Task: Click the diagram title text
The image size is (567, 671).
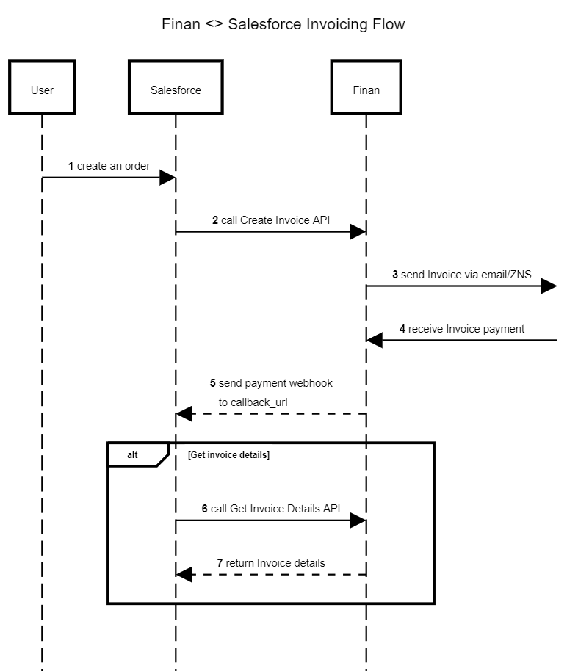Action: [x=283, y=24]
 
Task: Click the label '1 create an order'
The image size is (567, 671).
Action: [x=109, y=166]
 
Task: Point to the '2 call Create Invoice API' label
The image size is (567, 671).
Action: [x=271, y=220]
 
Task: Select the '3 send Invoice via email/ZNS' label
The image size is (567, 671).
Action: [x=461, y=274]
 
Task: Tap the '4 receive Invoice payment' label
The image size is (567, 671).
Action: [x=461, y=328]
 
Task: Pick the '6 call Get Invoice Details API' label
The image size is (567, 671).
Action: [x=271, y=508]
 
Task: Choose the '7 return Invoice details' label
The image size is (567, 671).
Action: [x=271, y=562]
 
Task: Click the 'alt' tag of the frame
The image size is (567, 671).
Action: [x=132, y=455]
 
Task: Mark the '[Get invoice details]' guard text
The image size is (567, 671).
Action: [x=228, y=455]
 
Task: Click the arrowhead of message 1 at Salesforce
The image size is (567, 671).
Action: [x=167, y=178]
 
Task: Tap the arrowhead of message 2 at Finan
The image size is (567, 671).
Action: [x=358, y=232]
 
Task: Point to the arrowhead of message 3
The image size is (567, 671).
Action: [x=549, y=286]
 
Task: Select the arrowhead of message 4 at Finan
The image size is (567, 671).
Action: [x=375, y=340]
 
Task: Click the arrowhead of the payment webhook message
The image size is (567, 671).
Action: [x=184, y=414]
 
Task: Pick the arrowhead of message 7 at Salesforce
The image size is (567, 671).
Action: [x=184, y=575]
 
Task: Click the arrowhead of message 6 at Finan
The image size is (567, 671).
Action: [x=358, y=521]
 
